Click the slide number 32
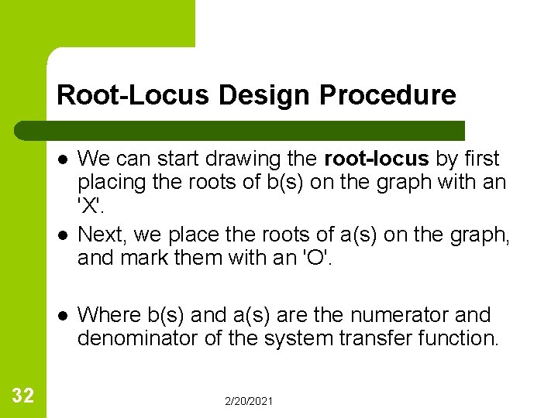22,396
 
